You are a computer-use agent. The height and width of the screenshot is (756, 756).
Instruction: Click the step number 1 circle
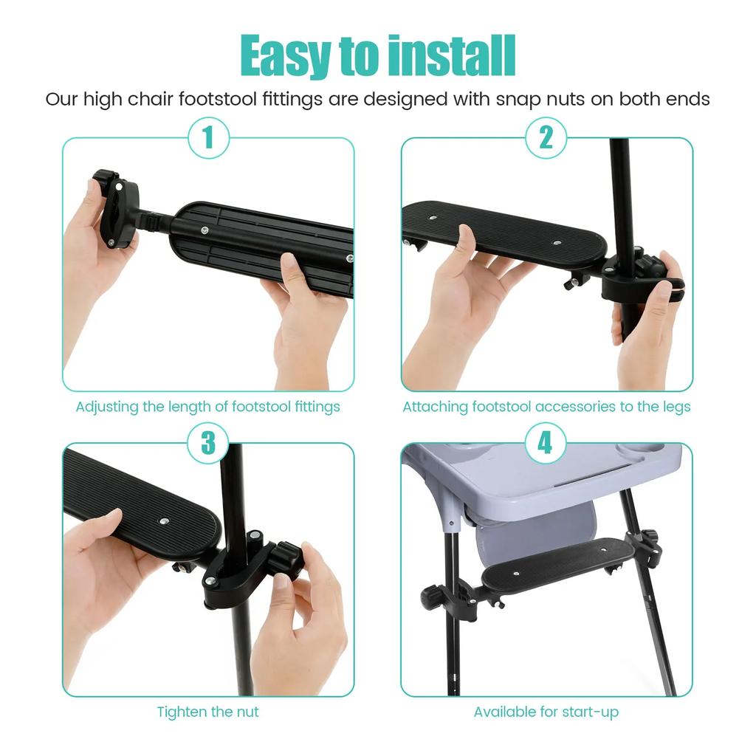pos(207,138)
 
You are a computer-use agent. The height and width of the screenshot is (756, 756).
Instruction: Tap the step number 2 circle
pos(546,138)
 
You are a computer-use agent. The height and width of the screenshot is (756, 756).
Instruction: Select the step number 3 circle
pos(207,443)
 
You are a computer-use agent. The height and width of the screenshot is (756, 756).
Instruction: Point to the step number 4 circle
pos(546,443)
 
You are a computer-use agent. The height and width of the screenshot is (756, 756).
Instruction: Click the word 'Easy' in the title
pos(284,55)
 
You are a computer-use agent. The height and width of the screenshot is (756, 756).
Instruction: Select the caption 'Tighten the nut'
pos(207,712)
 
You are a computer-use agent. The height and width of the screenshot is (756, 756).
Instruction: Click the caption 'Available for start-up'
pos(546,712)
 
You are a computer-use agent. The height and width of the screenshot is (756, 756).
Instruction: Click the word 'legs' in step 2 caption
pos(676,407)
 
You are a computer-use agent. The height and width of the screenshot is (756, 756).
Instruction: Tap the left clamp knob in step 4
pos(433,595)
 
